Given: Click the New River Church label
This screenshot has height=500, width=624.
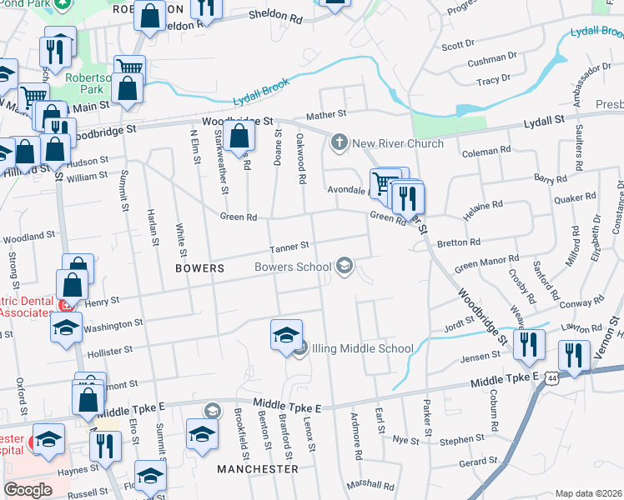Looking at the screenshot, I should click(x=398, y=143).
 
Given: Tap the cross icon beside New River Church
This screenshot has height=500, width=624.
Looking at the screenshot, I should click(x=339, y=143).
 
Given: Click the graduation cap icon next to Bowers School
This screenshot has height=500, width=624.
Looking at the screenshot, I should click(x=344, y=267).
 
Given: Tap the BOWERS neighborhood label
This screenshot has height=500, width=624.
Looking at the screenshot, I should click(x=200, y=268).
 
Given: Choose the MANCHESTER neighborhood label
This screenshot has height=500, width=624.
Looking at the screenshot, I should click(x=258, y=469).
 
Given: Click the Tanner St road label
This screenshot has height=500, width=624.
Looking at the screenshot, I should click(x=289, y=247).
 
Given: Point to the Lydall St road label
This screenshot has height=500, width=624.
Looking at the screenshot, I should click(x=545, y=123).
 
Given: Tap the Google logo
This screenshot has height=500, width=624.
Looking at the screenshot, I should click(x=28, y=489).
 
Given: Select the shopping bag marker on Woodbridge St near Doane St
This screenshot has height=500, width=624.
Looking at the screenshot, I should click(x=239, y=139).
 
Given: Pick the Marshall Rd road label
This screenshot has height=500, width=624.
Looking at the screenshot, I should click(x=371, y=485).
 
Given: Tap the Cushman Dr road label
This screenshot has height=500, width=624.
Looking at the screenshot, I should click(x=492, y=60).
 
